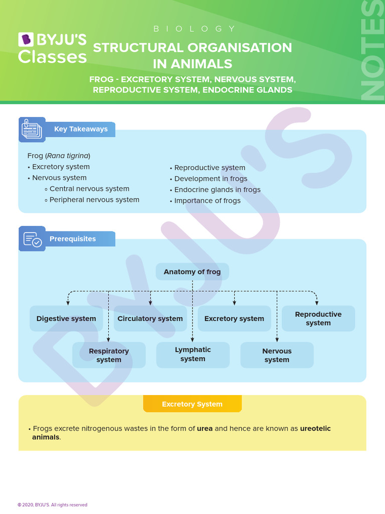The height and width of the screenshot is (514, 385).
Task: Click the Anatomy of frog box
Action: tap(192, 272)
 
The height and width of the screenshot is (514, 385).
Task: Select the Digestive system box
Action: tap(66, 319)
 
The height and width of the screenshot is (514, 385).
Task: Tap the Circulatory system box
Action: tap(150, 319)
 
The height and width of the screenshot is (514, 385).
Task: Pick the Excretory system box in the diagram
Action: tap(234, 319)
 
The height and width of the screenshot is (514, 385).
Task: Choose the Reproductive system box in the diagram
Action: tap(318, 319)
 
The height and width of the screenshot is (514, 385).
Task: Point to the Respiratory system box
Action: tap(109, 355)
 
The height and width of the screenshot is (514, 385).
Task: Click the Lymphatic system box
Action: tap(193, 354)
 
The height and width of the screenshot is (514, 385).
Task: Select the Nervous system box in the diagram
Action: tap(277, 355)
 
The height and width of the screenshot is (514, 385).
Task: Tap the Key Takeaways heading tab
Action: tap(81, 129)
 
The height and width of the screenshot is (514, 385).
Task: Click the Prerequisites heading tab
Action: tap(73, 239)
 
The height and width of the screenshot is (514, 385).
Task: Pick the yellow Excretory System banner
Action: tap(192, 404)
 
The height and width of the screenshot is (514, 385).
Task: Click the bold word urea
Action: tap(205, 429)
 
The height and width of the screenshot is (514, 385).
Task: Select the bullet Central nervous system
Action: tap(89, 189)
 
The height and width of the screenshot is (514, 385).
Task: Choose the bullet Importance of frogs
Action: tap(207, 201)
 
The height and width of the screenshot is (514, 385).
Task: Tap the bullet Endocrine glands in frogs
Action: tap(217, 190)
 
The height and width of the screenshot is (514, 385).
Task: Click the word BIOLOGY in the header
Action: tap(194, 29)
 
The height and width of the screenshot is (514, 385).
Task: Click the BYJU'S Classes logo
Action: tap(52, 48)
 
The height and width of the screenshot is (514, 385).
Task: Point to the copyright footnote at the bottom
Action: tap(52, 505)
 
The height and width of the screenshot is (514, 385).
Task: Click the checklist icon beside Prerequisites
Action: tap(32, 238)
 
